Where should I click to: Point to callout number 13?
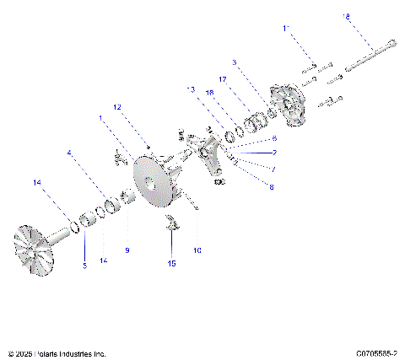tap(191, 89)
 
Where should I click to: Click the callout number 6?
tap(273, 137)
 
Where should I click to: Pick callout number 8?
tap(271, 187)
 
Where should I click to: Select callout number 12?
tap(118, 107)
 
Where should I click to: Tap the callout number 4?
tap(69, 153)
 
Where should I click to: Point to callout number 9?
tap(127, 250)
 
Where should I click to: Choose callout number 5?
tap(84, 266)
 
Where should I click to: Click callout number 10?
tap(197, 250)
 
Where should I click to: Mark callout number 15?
tap(171, 264)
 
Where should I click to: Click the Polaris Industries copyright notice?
tap(57, 353)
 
